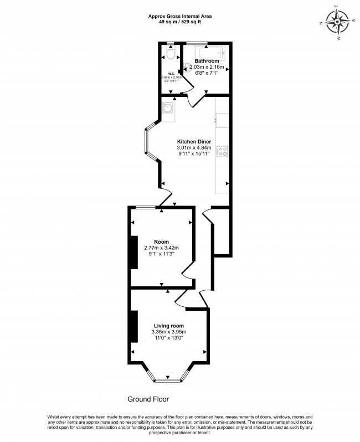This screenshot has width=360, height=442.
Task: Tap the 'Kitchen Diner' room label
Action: (194, 141)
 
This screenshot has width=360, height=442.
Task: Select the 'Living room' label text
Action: (168, 325)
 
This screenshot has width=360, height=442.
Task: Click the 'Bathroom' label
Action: (207, 61)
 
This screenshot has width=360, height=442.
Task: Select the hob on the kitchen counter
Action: (223, 151)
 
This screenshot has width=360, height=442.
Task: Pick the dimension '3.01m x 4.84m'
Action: (194, 148)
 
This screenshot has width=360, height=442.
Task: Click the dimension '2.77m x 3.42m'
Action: (161, 248)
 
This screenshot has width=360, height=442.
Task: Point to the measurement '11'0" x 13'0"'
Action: (168, 338)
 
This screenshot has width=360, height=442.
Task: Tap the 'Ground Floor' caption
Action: (148, 399)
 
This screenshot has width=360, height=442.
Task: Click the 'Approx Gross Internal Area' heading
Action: (179, 17)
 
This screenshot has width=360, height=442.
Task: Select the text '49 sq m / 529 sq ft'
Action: (179, 23)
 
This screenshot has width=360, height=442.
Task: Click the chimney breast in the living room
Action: (133, 327)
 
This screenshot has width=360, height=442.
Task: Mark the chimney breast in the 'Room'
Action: (133, 252)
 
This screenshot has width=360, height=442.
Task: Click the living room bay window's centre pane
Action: (168, 380)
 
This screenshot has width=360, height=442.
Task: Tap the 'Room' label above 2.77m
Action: (161, 241)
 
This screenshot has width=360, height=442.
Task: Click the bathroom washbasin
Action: (188, 68)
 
